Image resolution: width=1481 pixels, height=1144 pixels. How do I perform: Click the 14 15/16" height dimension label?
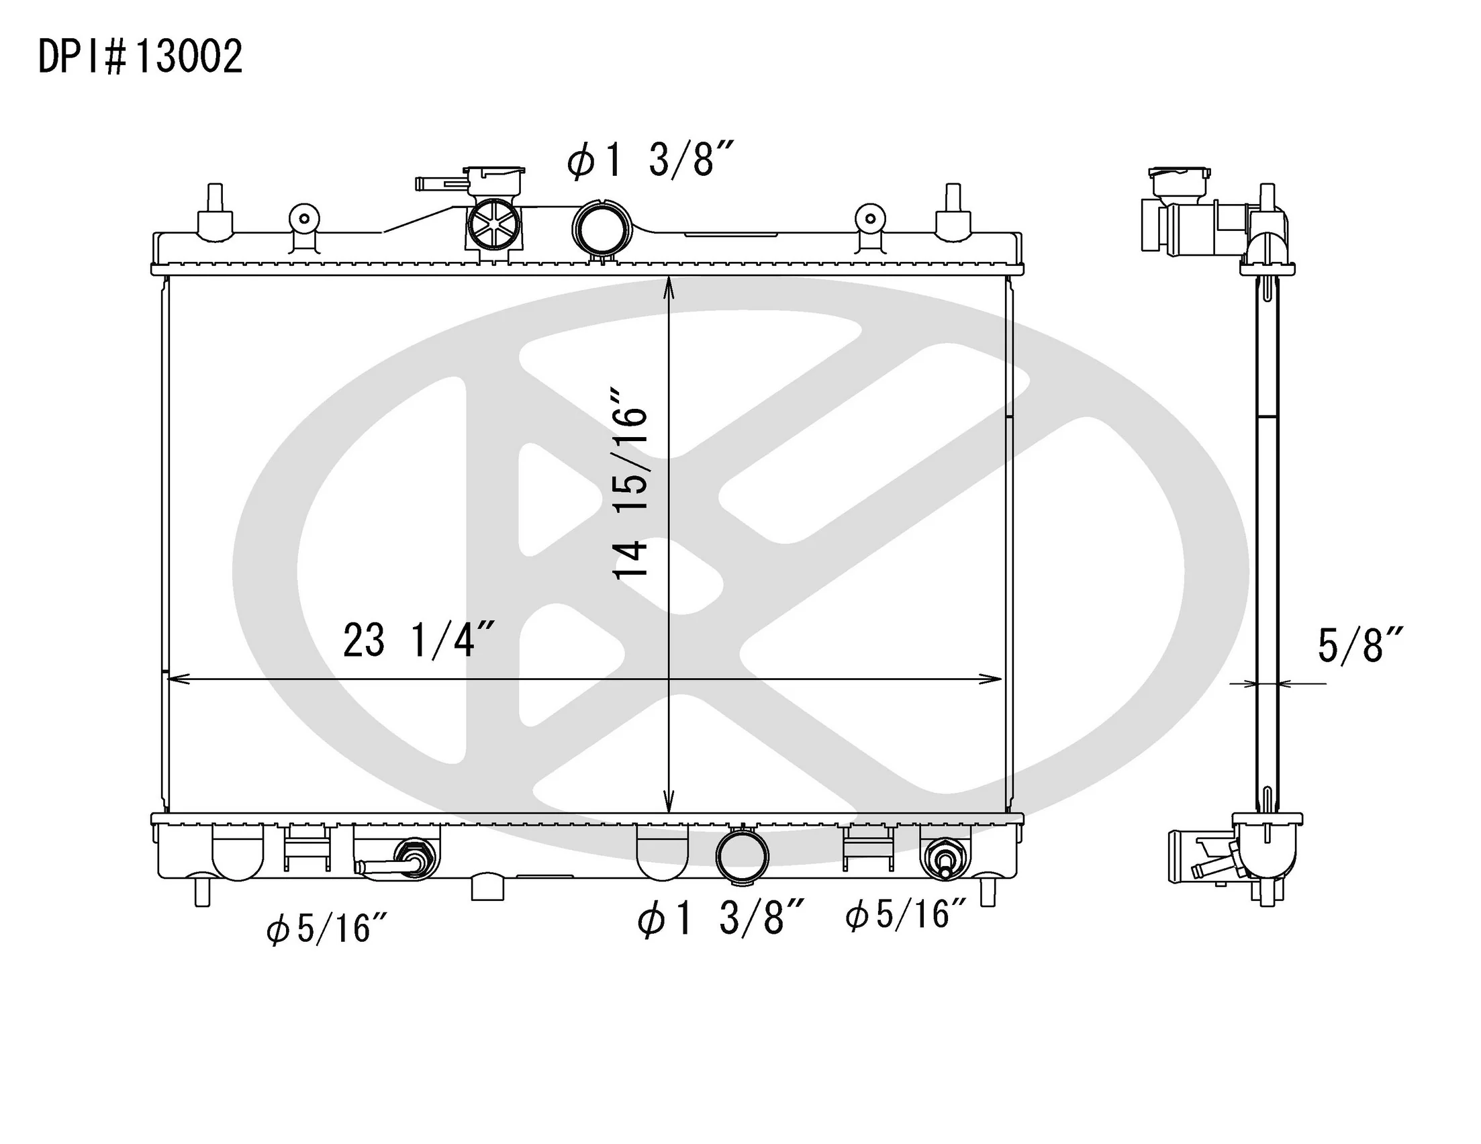[x=630, y=483]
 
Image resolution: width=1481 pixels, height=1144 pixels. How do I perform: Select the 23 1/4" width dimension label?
[x=418, y=640]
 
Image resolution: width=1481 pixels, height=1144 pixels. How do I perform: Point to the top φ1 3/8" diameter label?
[x=651, y=161]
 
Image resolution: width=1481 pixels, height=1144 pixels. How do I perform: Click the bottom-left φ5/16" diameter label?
[x=327, y=928]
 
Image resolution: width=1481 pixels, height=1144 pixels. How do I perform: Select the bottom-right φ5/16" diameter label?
[x=906, y=914]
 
